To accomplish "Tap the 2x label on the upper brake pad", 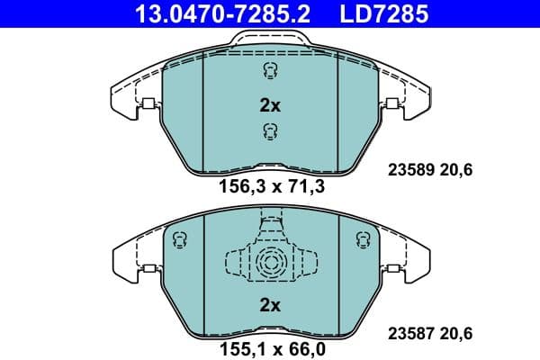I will point(270,105).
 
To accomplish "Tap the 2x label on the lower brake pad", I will point(270,305).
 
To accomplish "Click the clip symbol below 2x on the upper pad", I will point(269,132).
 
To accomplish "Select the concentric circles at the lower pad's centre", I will point(270,265).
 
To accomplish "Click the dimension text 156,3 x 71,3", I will point(271,187).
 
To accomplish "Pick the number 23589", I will point(410,167).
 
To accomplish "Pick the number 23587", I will point(410,332).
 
